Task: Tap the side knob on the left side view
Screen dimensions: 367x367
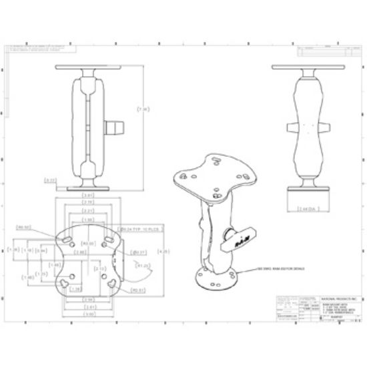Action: point(114,125)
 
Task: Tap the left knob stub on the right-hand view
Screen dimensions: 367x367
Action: point(290,127)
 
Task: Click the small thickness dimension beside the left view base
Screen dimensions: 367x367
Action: point(50,180)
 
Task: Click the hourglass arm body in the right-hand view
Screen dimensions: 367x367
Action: point(307,127)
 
